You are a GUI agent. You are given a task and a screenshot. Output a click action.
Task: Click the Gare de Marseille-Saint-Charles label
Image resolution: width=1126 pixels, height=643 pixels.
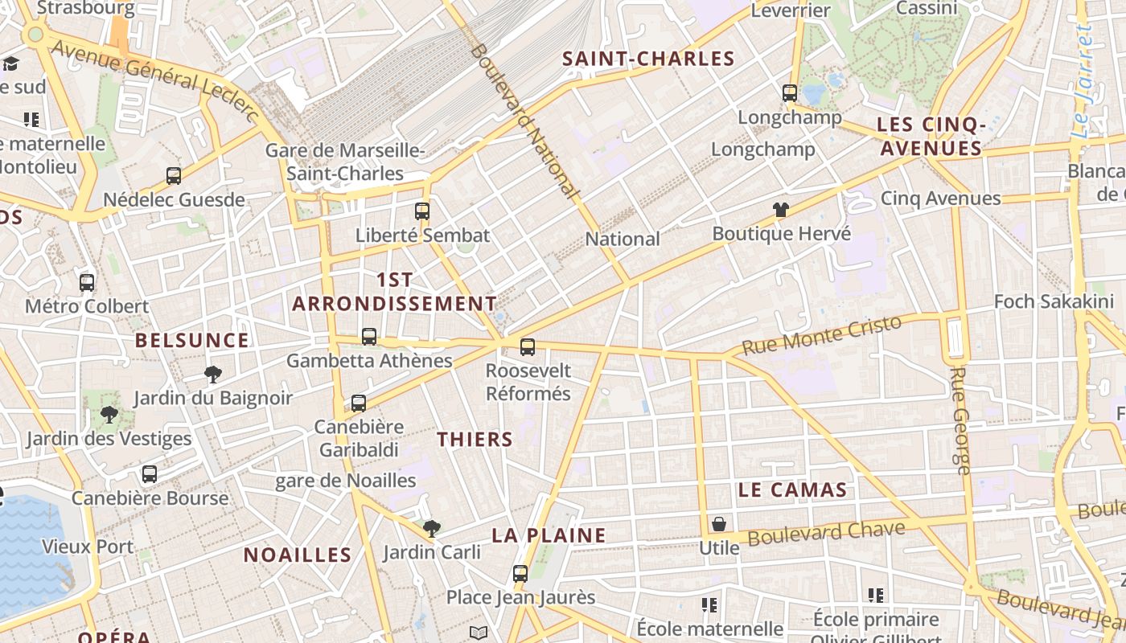click(345, 162)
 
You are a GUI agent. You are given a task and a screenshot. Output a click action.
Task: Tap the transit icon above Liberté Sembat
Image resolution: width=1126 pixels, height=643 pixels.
click(422, 211)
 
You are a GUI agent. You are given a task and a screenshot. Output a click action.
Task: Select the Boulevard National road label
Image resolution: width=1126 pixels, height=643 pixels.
click(524, 121)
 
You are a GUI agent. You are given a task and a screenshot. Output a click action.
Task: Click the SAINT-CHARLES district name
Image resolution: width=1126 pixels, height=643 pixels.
click(648, 59)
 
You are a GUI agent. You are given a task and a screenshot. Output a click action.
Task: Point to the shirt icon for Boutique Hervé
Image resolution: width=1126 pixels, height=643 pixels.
click(780, 211)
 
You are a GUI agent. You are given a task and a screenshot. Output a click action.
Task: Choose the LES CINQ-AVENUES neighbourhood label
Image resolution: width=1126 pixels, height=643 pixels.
click(931, 137)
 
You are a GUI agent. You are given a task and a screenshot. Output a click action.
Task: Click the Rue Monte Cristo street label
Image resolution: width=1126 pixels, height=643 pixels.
click(821, 335)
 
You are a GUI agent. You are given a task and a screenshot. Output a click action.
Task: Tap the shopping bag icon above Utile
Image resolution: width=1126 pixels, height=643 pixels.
click(718, 524)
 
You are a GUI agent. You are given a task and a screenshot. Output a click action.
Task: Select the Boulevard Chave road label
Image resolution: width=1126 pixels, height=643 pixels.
click(826, 532)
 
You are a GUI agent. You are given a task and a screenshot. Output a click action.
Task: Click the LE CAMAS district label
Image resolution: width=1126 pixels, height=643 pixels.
click(792, 490)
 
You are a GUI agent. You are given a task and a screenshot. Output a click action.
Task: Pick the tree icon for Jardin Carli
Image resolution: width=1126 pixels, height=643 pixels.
click(432, 528)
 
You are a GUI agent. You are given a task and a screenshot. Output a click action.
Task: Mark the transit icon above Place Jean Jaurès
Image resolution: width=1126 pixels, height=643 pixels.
click(520, 574)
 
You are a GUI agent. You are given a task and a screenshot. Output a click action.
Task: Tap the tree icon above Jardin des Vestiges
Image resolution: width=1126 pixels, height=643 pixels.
click(109, 415)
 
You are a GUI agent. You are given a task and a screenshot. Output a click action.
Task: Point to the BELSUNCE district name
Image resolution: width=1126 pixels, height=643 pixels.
click(192, 340)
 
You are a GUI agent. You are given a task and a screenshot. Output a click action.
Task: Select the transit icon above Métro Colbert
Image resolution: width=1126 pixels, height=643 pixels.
click(87, 283)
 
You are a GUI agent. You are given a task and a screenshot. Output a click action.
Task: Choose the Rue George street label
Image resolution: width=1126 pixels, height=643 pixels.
click(960, 420)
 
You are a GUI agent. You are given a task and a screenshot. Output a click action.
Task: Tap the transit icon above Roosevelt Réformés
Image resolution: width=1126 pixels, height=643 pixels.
click(528, 347)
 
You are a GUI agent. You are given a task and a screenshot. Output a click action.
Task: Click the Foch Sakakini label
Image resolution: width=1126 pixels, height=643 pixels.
click(1054, 301)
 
